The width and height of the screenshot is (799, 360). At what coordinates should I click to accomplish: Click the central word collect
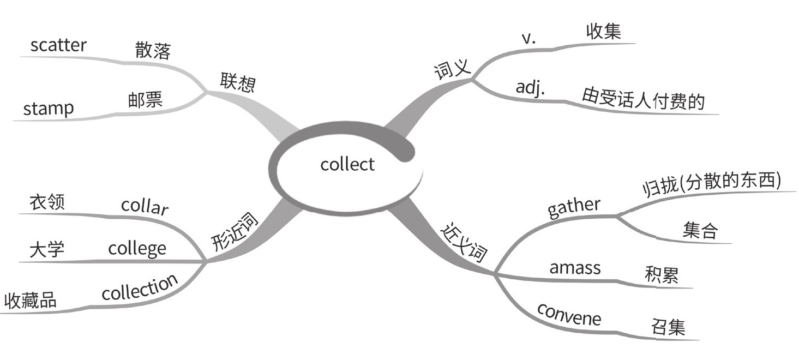point(347,164)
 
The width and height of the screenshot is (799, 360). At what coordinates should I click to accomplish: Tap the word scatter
point(58,45)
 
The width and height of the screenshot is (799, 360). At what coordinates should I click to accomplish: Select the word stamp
point(48,108)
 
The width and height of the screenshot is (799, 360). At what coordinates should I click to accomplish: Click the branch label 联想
point(238,82)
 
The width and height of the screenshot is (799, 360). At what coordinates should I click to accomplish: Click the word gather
point(574,207)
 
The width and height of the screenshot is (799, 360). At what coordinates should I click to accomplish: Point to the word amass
point(575,268)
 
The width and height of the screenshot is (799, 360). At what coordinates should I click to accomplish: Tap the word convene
point(569,314)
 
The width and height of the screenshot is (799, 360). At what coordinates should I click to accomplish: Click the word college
point(137,249)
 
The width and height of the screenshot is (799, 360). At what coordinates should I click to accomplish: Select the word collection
point(140,287)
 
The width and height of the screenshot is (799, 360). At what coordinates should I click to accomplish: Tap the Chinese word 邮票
point(146,100)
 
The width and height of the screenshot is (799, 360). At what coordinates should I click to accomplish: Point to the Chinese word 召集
point(668,327)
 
